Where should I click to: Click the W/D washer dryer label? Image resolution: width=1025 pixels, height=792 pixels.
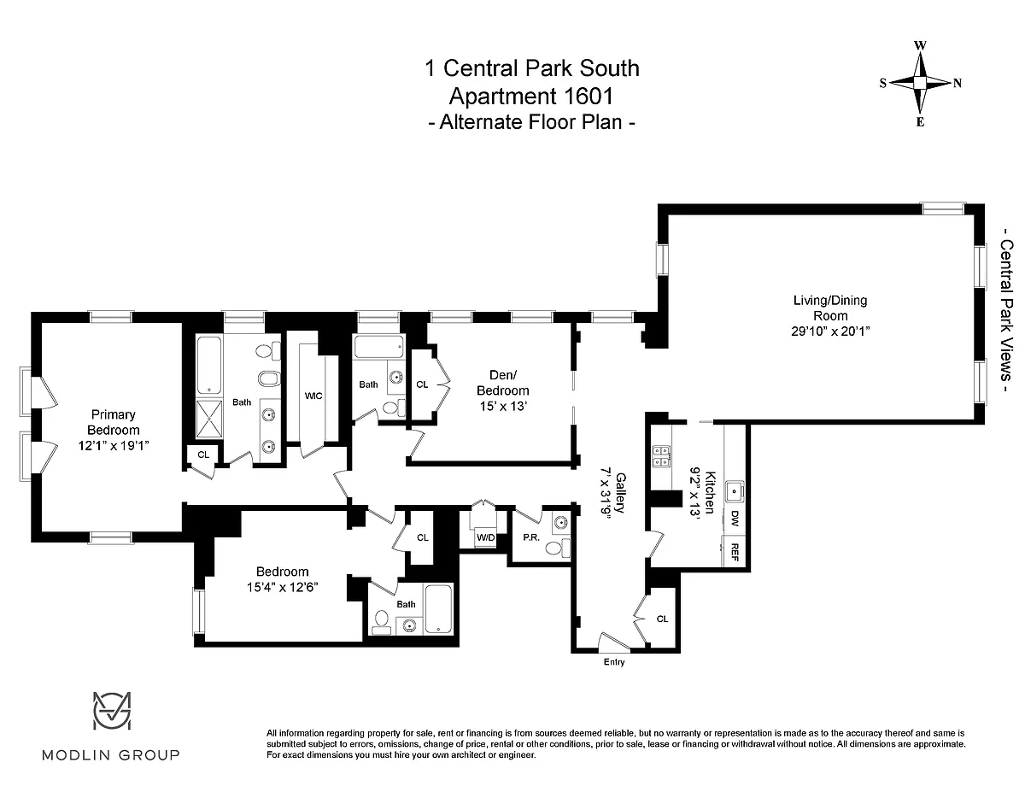coord(485,537)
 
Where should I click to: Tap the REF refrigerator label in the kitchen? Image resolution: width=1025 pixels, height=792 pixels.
coord(735,552)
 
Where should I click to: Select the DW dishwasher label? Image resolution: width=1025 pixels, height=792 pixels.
coord(735,518)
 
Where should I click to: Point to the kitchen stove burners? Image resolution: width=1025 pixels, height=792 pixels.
coord(661,456)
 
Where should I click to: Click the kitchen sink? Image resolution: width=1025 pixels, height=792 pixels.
coord(734,491)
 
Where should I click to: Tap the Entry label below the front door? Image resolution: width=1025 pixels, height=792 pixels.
coord(613,662)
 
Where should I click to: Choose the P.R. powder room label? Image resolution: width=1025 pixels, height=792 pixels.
coord(531,537)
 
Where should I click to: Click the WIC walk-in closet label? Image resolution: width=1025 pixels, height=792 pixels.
coord(313,396)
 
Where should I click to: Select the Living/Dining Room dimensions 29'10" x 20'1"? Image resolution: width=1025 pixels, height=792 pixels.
coord(830,331)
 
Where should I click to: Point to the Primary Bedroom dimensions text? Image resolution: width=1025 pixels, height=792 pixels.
coord(114,445)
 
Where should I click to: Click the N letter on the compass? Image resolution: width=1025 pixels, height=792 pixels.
coord(957,84)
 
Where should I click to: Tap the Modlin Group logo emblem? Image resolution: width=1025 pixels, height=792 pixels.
coord(112,710)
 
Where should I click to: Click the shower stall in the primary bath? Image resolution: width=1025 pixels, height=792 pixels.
coord(209,419)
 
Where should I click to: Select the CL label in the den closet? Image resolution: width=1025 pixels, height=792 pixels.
coord(422,384)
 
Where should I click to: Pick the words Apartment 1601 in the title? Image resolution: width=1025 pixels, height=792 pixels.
coord(531,97)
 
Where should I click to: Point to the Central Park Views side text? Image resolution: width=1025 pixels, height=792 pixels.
coord(1006,310)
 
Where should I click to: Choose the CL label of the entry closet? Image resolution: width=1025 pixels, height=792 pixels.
coord(662,619)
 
